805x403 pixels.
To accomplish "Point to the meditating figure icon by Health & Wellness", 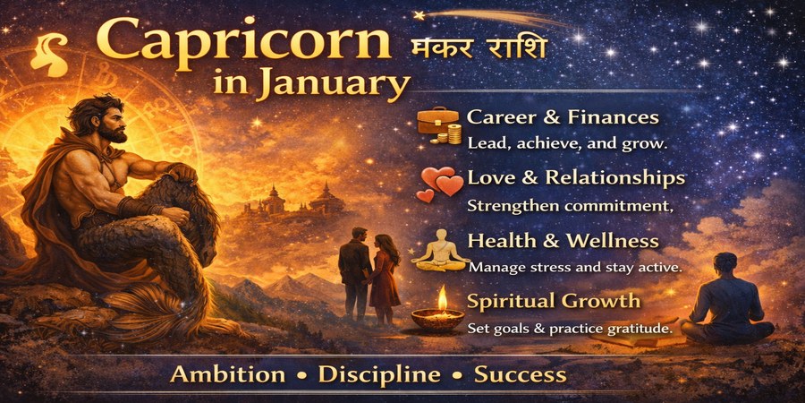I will pos(439,250).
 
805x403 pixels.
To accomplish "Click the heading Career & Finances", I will pos(563,117).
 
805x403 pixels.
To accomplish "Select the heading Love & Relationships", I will pos(575,177).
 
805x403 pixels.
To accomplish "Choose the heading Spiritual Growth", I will pos(554,300).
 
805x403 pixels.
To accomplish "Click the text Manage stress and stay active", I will pos(575,267).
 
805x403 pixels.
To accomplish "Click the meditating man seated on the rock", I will pos(727,300).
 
